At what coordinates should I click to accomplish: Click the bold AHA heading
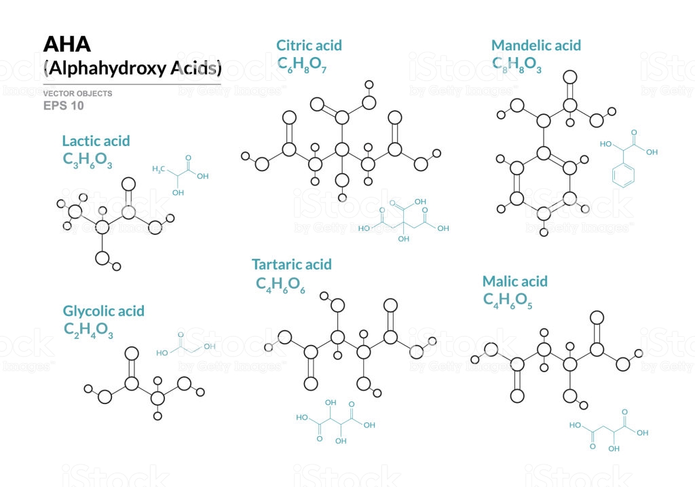[x=67, y=44]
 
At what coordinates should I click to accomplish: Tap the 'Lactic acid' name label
[x=96, y=141]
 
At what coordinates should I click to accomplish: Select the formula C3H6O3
[x=88, y=160]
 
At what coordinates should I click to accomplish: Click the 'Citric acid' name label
[x=309, y=46]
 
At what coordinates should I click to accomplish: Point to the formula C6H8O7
[x=302, y=65]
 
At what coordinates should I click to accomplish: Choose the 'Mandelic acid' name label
[x=536, y=46]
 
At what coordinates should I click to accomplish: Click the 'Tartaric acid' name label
[x=292, y=264]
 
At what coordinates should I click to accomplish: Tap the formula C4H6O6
[x=280, y=285]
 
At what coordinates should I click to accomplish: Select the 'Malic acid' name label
[x=515, y=281]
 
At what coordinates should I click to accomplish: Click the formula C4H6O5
[x=508, y=301]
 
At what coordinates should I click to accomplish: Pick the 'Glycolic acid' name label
[x=104, y=311]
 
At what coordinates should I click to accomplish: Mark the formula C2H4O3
[x=88, y=330]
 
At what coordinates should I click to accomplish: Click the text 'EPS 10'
[x=63, y=105]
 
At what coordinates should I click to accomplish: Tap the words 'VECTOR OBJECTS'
[x=77, y=94]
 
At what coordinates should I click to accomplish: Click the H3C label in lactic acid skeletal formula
[x=158, y=169]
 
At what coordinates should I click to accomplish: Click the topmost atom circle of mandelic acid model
[x=569, y=77]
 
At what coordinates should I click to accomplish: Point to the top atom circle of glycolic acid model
[x=131, y=353]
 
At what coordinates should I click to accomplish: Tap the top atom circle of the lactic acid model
[x=128, y=184]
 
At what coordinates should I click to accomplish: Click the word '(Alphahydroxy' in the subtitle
[x=105, y=69]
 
